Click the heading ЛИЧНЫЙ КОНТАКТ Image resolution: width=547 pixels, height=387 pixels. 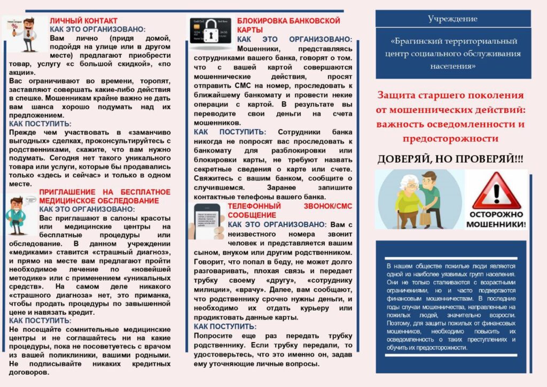coord(83,21)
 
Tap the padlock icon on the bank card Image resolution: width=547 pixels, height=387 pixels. coord(210,30)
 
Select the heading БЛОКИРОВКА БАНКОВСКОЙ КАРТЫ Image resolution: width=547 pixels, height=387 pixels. coord(288,25)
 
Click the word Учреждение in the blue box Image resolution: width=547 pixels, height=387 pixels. coord(452,19)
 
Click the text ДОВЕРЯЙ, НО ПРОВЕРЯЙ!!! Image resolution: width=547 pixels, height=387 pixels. coord(451,159)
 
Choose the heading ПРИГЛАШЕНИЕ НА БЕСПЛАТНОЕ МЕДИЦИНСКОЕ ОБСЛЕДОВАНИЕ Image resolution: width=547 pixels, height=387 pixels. coord(105,196)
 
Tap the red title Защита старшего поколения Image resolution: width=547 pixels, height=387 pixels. coord(451,95)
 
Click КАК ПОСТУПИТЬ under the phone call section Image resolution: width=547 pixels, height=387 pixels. coord(225,326)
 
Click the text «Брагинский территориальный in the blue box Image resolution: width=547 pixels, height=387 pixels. coord(453,41)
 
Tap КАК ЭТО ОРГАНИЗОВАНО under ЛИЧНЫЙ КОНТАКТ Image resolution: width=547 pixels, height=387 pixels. coord(97,30)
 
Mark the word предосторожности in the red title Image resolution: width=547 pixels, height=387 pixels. coord(451,138)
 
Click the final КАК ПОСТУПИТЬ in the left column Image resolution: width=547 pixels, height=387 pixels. coord(40,321)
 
